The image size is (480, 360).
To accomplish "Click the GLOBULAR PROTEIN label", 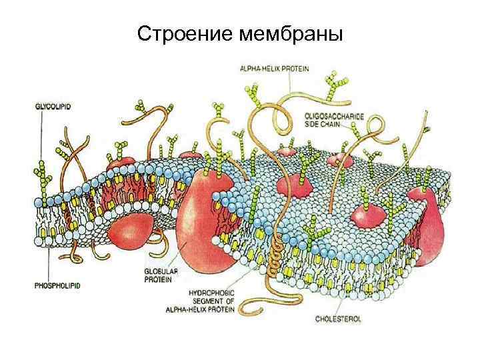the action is tap(160, 276).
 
